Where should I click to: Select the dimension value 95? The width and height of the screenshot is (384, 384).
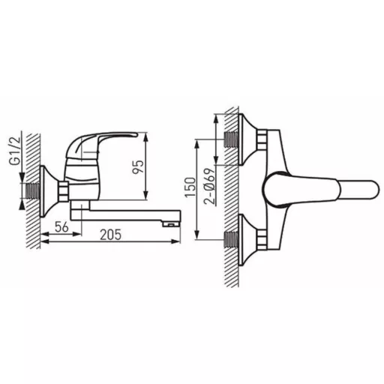point(138,166)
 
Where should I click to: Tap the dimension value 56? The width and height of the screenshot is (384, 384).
point(61,227)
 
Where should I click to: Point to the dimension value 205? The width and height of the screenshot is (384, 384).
point(110,235)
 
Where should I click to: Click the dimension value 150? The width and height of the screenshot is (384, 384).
point(190,187)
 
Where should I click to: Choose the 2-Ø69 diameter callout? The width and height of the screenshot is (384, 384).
point(209,187)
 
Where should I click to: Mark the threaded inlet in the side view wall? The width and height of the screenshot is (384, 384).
point(33,191)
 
